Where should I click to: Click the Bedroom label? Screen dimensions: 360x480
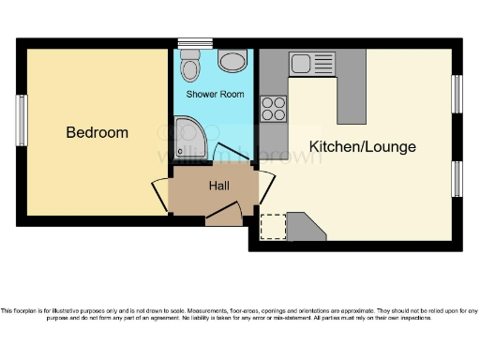97,132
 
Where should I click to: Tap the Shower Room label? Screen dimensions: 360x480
215,95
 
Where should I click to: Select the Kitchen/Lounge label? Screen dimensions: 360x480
362,147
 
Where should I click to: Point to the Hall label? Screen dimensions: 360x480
219,186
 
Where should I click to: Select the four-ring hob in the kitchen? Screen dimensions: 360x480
274,108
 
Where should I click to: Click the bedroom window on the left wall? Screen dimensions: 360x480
21,119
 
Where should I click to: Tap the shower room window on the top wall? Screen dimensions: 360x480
195,42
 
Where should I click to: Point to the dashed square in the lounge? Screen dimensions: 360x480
272,228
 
